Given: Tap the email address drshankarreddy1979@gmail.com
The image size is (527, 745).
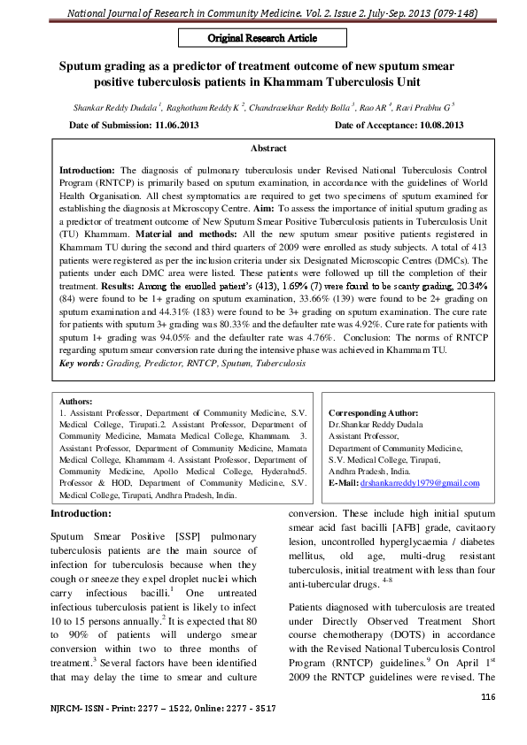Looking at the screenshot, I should point(420,483).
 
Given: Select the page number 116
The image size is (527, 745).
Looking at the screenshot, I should point(485,697).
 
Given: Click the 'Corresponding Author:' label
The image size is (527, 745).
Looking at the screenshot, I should point(373,413).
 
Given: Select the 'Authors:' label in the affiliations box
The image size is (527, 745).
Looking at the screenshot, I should point(76,401).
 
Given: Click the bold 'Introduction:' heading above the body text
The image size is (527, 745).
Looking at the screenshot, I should point(81,513).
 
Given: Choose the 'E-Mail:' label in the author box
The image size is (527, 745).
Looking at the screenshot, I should point(344,483).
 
